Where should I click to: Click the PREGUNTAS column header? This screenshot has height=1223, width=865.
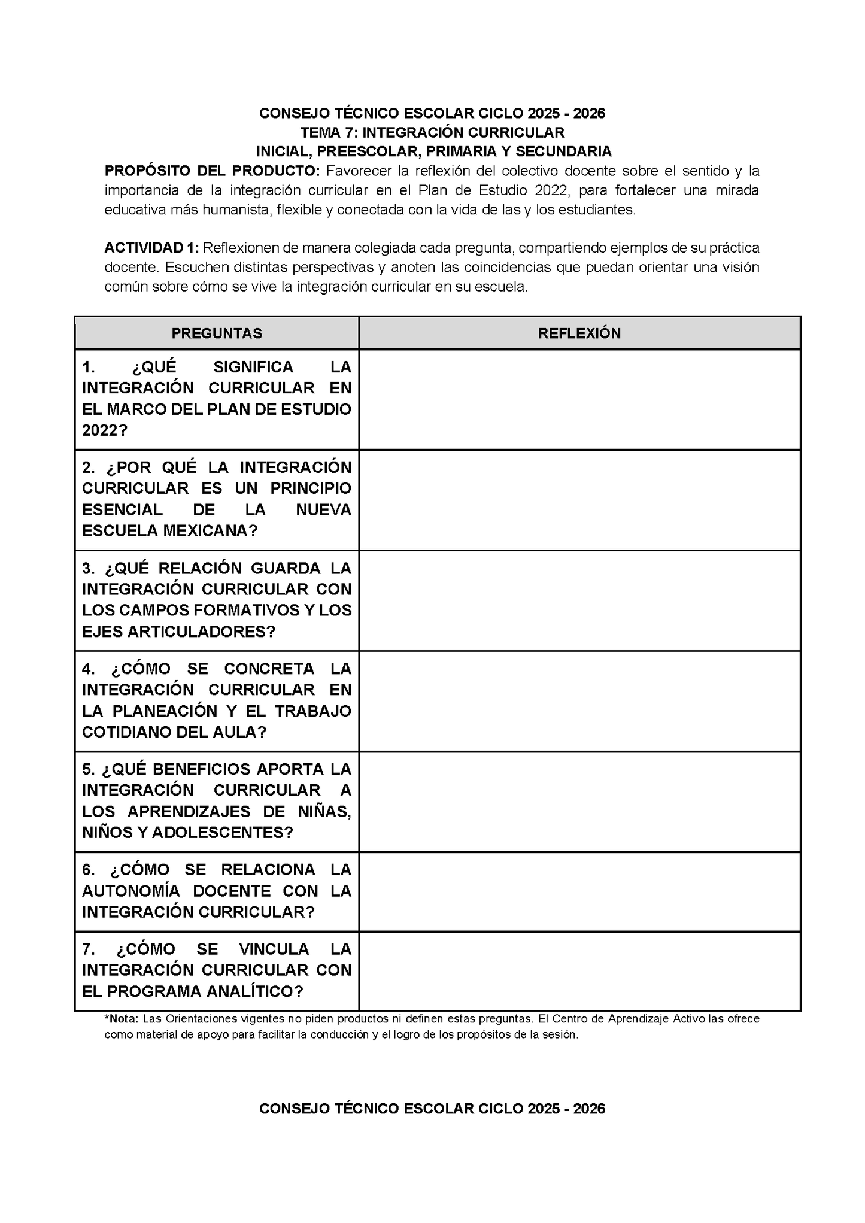click(217, 333)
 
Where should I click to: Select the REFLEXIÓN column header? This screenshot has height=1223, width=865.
click(579, 333)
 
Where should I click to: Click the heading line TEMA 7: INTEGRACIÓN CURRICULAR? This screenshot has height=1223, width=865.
click(432, 132)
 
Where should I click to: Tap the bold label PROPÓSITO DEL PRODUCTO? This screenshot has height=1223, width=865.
click(213, 171)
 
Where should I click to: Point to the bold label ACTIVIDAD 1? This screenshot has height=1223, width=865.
click(151, 248)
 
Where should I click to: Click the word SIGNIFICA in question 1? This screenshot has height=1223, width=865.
click(253, 366)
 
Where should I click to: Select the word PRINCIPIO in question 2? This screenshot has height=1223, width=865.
click(310, 488)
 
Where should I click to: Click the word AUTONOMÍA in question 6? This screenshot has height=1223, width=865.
click(130, 891)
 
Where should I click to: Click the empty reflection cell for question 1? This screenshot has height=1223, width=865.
click(579, 399)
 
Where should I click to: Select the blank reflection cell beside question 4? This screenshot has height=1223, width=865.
click(579, 701)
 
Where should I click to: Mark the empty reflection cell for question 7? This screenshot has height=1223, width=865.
click(579, 970)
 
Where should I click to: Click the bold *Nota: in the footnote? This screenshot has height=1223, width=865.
click(122, 1019)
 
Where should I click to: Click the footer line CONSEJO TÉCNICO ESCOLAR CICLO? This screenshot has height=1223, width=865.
click(432, 1109)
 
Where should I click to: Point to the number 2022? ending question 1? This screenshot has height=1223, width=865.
click(104, 430)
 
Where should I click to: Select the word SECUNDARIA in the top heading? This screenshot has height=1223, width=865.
click(563, 151)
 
